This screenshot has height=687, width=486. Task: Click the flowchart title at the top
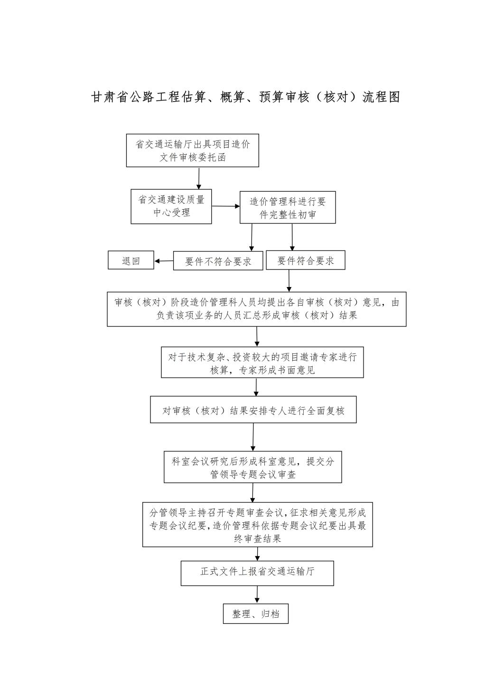pos(245,97)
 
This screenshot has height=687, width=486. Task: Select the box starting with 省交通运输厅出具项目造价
pos(192,150)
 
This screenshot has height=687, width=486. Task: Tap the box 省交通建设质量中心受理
pos(171,206)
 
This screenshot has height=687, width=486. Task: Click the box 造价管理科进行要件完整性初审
pos(288,207)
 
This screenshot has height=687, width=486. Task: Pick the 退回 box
pos(131,260)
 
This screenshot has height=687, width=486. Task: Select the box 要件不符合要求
pos(218,260)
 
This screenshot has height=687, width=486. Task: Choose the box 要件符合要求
pos(305,260)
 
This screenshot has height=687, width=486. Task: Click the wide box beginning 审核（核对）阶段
pos(256,309)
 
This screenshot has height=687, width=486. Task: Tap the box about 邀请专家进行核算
pos(262,362)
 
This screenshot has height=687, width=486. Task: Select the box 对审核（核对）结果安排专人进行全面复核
pos(253,409)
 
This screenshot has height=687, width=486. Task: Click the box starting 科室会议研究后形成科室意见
pos(252,467)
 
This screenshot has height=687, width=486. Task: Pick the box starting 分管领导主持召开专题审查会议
pos(257,524)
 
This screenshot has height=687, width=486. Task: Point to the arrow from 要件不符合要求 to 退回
pos(164,261)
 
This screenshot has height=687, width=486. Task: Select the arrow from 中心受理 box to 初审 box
pos(226,206)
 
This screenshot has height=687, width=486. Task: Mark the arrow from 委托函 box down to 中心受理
pos(199,178)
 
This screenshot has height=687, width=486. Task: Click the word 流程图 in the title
pos(381,97)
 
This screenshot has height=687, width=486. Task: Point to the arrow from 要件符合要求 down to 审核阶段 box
pos(289,280)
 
